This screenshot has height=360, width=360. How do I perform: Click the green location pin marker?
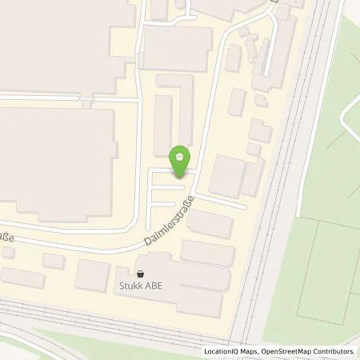pos(182,161)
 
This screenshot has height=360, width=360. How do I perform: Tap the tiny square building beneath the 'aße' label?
pos(7,252)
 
